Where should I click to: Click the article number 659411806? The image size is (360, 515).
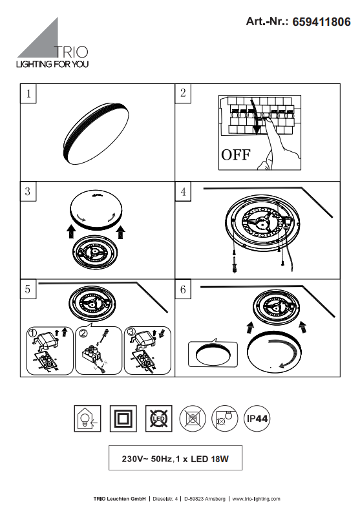(321, 22)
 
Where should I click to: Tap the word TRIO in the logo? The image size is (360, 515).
(71, 52)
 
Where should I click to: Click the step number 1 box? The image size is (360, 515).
(28, 94)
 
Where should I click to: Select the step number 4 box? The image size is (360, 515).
(183, 191)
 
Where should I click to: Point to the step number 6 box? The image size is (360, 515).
(183, 289)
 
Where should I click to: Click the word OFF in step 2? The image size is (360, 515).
(236, 154)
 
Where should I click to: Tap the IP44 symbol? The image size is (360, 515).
(257, 419)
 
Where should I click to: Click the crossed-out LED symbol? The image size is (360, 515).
(158, 419)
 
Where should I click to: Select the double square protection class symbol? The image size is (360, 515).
(123, 419)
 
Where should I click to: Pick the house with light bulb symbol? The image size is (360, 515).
(87, 419)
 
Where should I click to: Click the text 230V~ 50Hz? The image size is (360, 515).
(147, 459)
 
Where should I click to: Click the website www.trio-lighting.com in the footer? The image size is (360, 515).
(256, 499)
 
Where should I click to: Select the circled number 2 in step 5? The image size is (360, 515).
(83, 333)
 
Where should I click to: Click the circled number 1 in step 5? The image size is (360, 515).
(33, 333)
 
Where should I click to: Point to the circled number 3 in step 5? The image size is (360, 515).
(131, 332)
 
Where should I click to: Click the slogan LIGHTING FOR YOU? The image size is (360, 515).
(52, 64)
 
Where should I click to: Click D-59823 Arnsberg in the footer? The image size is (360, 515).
(205, 499)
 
